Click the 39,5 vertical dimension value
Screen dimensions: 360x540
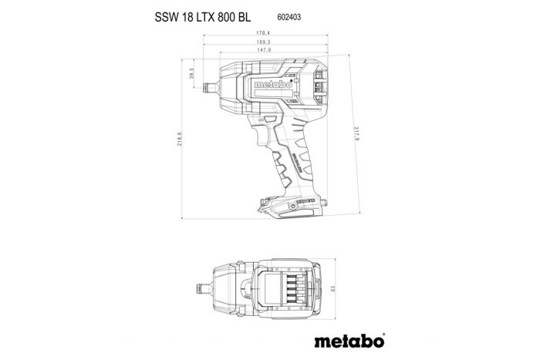click(x=191, y=75)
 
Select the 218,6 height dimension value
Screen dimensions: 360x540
click(x=179, y=143)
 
